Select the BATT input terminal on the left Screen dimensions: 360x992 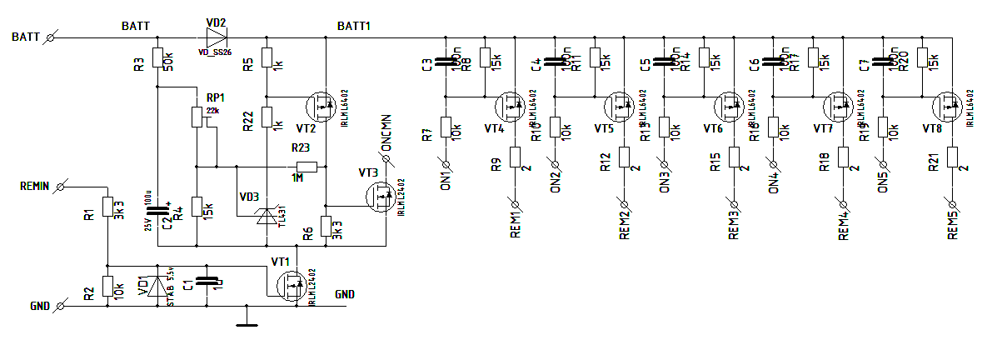point(52,37)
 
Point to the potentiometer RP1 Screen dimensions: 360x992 point(197,116)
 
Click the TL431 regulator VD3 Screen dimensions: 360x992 point(267,215)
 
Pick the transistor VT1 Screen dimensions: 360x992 point(292,286)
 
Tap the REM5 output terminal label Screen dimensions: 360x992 point(953,221)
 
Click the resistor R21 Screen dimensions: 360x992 point(952,157)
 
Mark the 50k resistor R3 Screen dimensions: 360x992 point(157,58)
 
